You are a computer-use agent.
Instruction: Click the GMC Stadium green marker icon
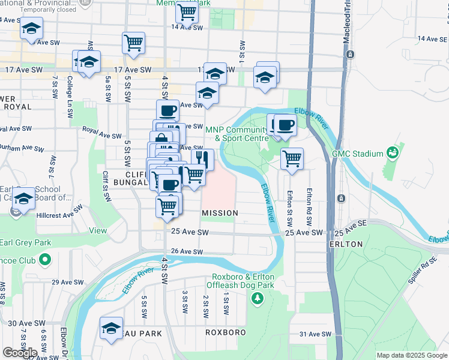393,154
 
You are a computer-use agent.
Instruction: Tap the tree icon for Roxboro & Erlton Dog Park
258,298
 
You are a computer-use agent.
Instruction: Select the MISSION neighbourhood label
220,213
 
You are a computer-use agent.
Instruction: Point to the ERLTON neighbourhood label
346,244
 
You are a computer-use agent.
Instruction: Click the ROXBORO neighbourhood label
225,332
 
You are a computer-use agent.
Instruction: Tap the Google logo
20,352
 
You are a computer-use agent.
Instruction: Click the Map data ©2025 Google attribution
412,355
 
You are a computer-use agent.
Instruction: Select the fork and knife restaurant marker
202,159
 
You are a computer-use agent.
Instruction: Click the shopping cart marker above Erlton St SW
292,159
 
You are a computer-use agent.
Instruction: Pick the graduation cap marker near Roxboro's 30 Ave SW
111,328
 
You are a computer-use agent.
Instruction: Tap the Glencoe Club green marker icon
43,260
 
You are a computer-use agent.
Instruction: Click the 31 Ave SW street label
315,334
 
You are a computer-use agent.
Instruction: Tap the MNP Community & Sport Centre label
237,134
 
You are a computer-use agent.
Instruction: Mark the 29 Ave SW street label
66,282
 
